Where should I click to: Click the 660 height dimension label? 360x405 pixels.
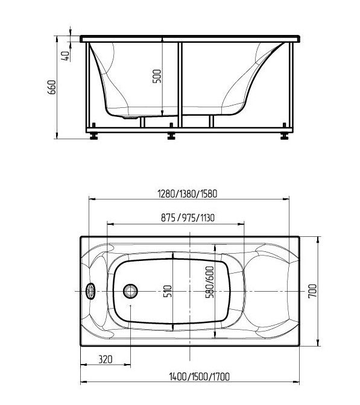coord(52,87)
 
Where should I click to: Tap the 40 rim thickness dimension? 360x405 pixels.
coord(65,56)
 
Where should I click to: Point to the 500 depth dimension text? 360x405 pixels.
coord(157,76)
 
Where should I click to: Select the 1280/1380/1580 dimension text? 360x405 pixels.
coord(188,193)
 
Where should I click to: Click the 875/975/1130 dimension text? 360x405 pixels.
coord(188,218)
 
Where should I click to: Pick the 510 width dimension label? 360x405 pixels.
coord(168,291)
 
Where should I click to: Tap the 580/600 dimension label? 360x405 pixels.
coord(210,282)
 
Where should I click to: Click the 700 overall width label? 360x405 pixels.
coord(312,291)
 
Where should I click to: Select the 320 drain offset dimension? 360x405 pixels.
coord(106,359)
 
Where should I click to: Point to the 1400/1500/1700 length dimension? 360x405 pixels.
coord(199,377)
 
